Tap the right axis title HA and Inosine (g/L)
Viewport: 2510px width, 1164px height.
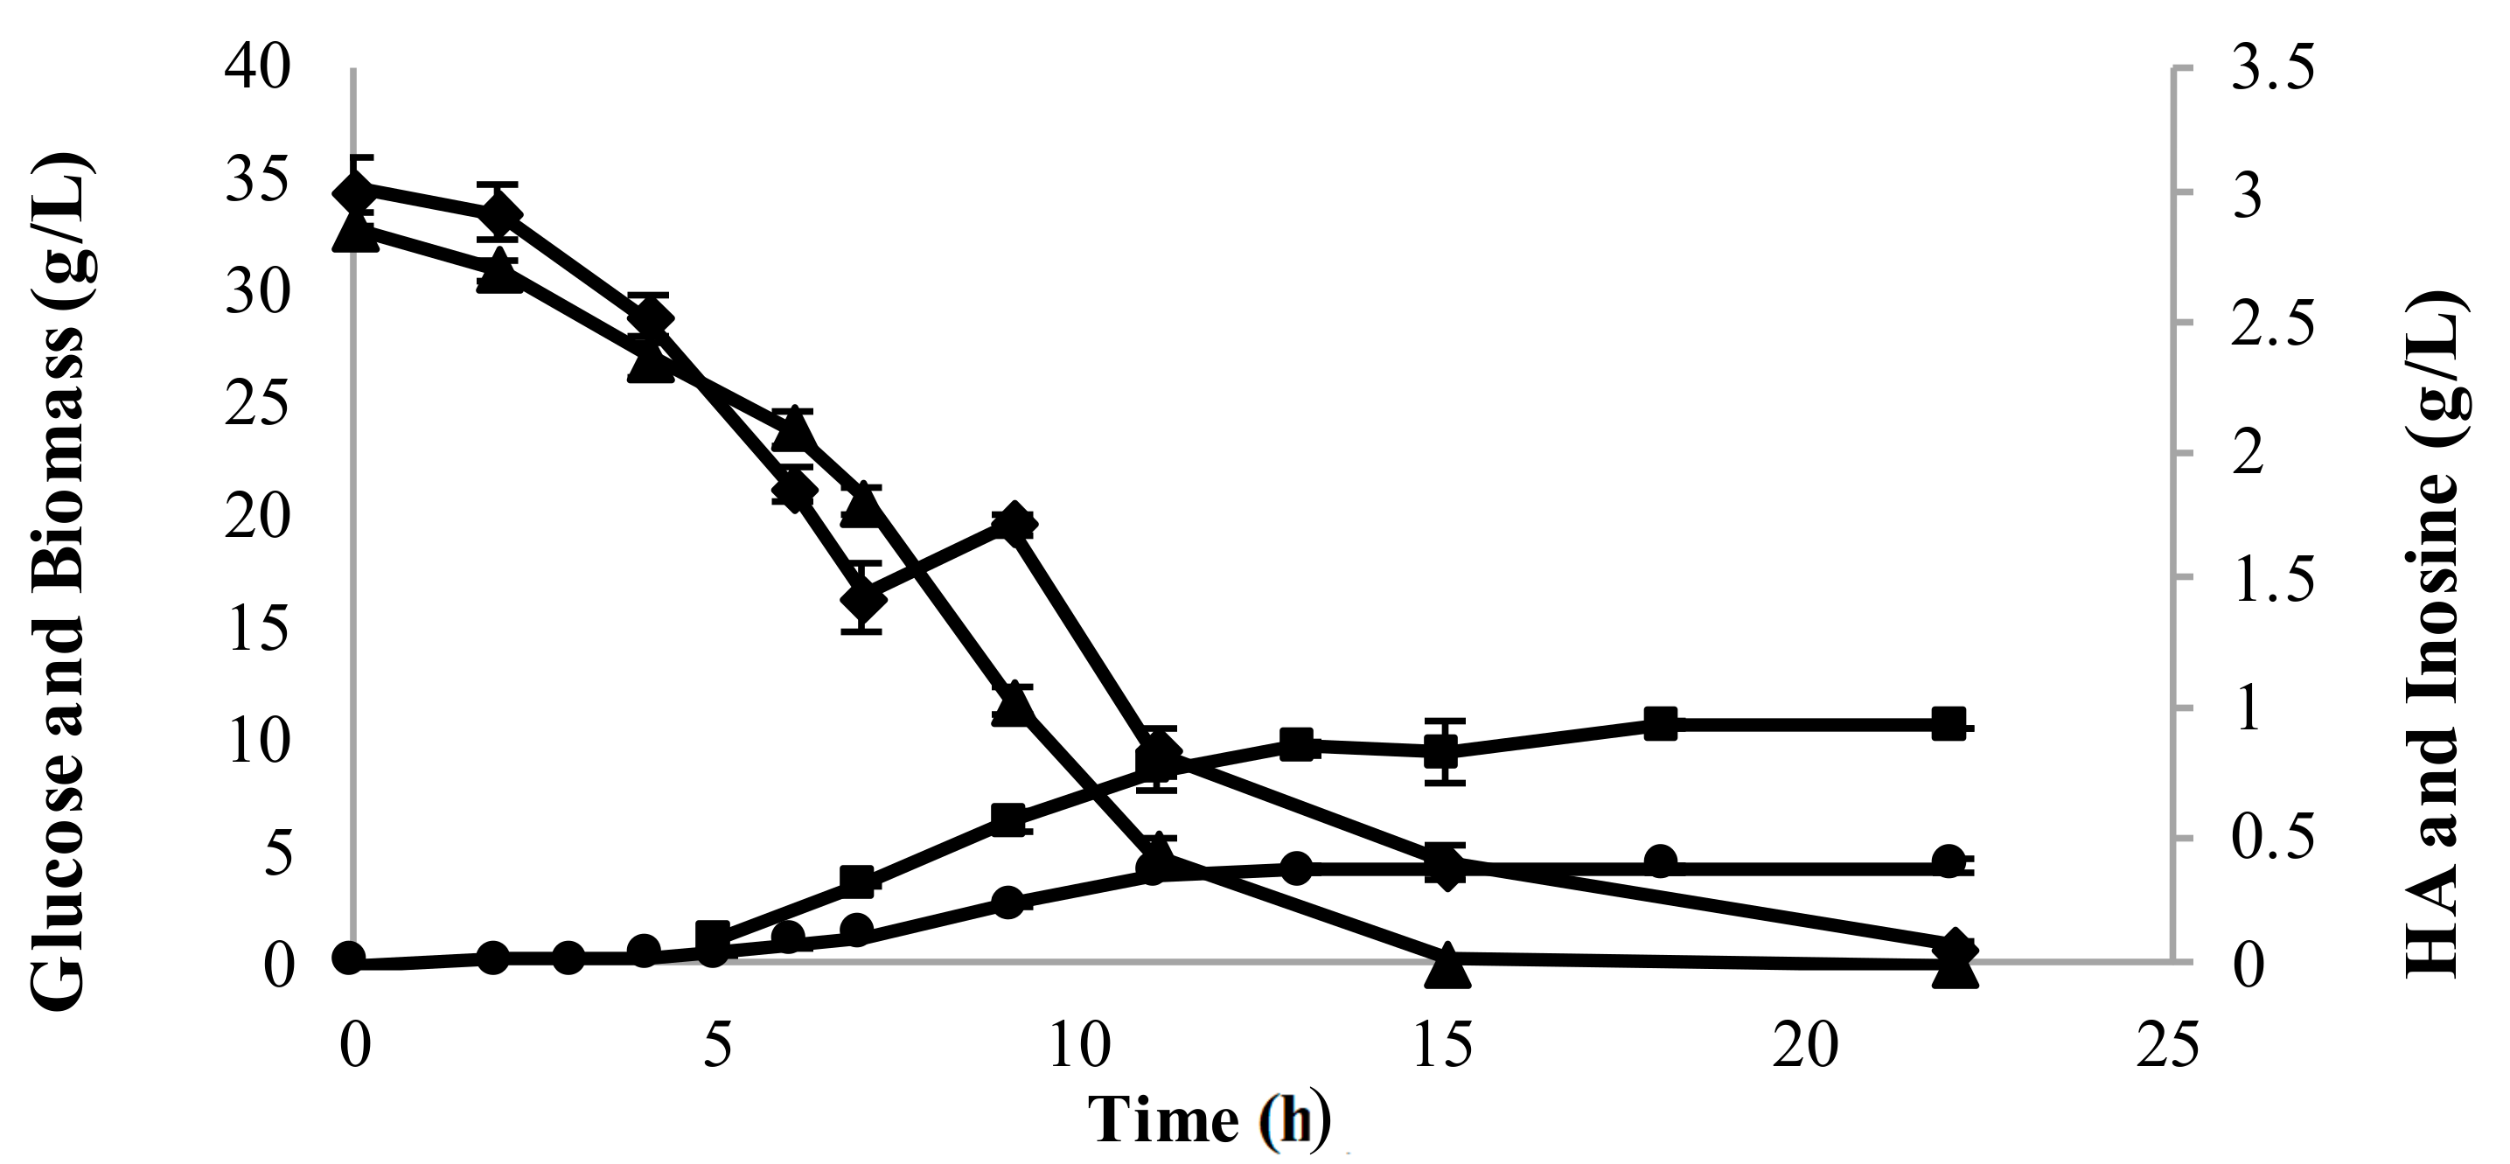click(2436, 633)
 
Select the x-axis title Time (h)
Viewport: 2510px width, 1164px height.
click(1209, 1119)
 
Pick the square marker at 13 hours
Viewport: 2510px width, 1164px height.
click(1297, 746)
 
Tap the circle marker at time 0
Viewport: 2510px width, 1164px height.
click(349, 958)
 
